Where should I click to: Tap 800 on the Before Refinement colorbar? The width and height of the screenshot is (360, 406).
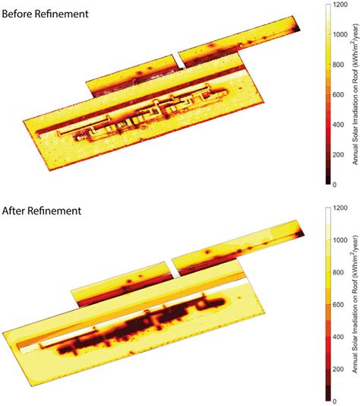341,64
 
